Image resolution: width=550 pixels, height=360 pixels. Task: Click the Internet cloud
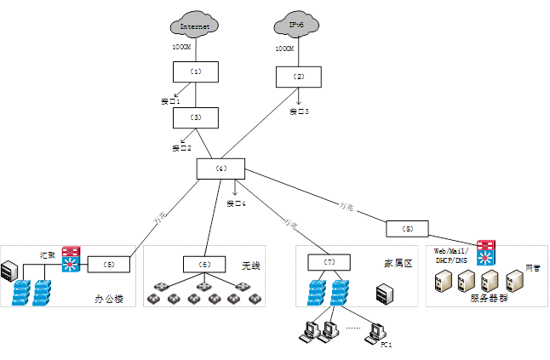click(195, 26)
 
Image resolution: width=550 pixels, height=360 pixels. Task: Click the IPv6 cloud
click(296, 26)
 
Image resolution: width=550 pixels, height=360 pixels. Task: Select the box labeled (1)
click(196, 71)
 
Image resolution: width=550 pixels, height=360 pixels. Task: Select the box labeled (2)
click(298, 77)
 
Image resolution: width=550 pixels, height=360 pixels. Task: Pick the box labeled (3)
click(196, 117)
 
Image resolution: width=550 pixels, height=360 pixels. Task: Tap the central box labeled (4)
click(221, 169)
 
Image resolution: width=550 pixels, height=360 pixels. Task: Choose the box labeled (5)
click(109, 264)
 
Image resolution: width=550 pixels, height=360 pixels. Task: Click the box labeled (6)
click(204, 265)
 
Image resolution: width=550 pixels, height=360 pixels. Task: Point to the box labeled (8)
click(408, 228)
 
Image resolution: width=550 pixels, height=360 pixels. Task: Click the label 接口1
click(170, 101)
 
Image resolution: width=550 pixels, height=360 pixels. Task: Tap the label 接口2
click(181, 147)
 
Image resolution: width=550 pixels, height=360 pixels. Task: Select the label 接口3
click(298, 111)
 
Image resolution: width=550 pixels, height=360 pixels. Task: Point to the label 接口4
click(236, 203)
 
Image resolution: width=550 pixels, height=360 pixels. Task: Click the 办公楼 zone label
click(109, 299)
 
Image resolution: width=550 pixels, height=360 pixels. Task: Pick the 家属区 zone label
click(398, 264)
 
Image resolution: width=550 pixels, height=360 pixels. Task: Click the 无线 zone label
click(249, 266)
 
